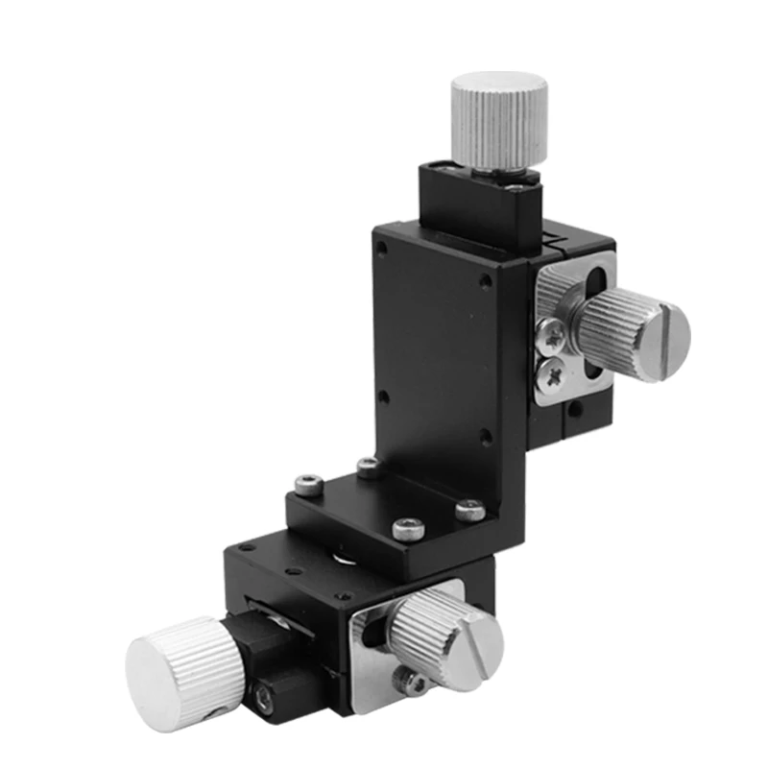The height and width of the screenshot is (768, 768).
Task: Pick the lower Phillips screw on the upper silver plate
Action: (554, 374)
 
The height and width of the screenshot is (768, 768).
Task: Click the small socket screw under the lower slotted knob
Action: (416, 683)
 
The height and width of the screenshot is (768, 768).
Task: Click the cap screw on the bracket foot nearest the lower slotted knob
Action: (409, 526)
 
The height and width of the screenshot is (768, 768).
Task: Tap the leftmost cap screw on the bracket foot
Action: (306, 486)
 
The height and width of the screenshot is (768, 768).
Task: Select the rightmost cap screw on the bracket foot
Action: (470, 510)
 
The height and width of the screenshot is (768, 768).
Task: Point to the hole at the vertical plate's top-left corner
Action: (383, 248)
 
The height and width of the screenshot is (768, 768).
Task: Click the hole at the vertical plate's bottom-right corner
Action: (486, 438)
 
